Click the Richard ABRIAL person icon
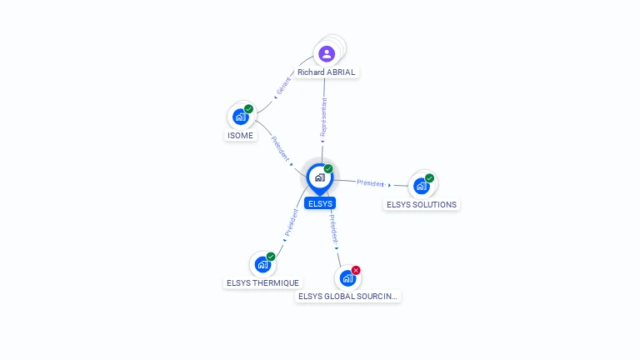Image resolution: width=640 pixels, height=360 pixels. coord(327,54)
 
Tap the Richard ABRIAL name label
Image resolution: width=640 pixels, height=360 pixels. coord(327,72)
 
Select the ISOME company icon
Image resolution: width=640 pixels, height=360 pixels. coord(241,117)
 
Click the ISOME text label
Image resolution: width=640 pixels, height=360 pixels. coord(240,136)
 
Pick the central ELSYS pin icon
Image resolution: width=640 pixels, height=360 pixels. coord(319,177)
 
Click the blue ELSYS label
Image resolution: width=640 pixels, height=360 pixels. coord(320,203)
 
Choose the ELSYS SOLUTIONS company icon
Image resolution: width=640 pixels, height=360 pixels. coord(422,186)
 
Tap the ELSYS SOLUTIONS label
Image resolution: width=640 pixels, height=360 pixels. coord(422,205)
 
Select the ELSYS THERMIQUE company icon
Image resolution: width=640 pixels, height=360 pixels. coord(263,265)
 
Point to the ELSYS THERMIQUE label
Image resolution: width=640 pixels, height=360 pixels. coord(263,283)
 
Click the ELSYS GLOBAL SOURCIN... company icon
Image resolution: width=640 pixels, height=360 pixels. coord(347,278)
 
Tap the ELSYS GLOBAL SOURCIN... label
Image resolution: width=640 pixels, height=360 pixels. coord(348,297)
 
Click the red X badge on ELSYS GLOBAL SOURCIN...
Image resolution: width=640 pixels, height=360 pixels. coord(356,270)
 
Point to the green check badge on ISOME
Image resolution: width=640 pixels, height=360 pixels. coord(248,109)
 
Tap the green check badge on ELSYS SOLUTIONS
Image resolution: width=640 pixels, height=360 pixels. coord(429,177)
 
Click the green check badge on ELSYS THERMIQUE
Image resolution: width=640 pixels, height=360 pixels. coord(271,257)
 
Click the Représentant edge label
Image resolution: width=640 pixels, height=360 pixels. coord(323,117)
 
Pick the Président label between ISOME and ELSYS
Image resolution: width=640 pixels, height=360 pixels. coord(280,147)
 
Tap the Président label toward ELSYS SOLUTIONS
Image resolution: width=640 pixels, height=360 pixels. coord(370,182)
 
